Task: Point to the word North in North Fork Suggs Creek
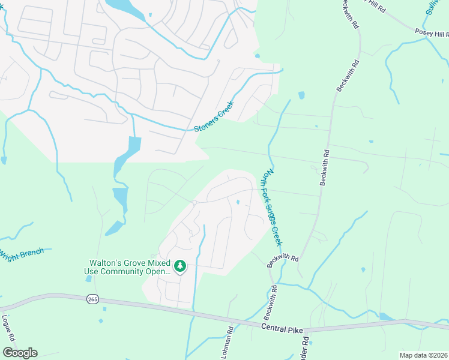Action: (x=264, y=177)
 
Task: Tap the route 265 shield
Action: (x=92, y=299)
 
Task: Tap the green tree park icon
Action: (x=179, y=265)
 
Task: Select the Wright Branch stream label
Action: (x=22, y=254)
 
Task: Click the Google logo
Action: (x=20, y=353)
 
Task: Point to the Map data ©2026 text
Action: (x=424, y=355)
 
